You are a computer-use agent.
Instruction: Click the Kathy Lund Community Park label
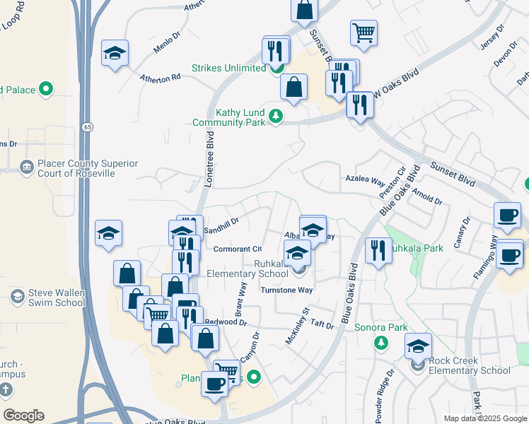pos(229,117)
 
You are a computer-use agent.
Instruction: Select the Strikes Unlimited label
pos(229,69)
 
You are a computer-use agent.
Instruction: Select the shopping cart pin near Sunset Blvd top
pos(364,32)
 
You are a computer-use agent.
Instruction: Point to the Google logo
pos(23,416)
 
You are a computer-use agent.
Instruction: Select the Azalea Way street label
pos(365,179)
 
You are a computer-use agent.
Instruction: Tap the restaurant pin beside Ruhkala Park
pos(378,249)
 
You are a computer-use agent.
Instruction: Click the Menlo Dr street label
pos(167,45)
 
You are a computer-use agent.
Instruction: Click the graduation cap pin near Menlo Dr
pos(115,54)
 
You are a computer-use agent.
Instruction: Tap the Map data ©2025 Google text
pos(485,418)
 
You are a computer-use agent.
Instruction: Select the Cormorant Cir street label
pos(238,249)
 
